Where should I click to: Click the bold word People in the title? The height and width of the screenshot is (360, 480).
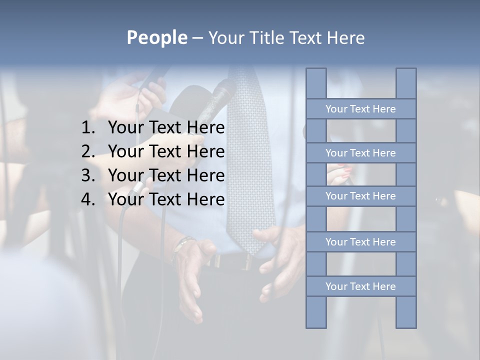click(x=156, y=37)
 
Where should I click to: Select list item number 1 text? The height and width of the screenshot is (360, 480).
click(x=166, y=128)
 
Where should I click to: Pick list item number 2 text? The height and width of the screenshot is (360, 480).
click(x=166, y=151)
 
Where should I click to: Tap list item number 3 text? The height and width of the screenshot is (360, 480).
click(x=166, y=175)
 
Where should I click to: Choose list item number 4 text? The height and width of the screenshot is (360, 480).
click(x=166, y=199)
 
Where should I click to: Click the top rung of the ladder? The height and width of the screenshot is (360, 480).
click(x=360, y=109)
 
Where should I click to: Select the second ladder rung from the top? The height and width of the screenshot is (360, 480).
click(x=360, y=153)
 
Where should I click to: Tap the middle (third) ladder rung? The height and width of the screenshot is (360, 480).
click(x=360, y=196)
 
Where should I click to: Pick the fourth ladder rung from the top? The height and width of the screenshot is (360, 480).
click(x=360, y=242)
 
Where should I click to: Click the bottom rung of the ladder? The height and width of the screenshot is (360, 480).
click(x=360, y=286)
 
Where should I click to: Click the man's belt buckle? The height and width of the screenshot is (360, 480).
click(x=245, y=261)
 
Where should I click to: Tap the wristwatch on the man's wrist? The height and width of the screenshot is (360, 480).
click(x=183, y=245)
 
